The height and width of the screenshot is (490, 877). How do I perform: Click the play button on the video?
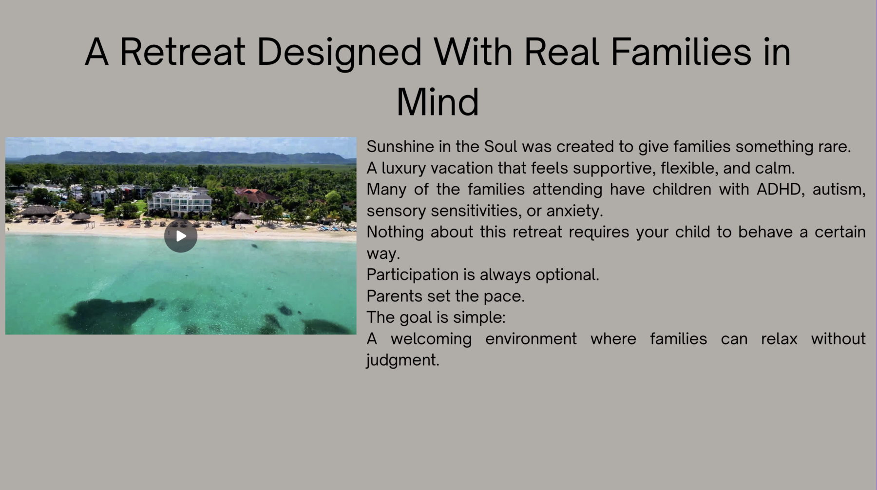coord(180,236)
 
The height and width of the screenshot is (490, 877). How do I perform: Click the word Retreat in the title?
coord(182,52)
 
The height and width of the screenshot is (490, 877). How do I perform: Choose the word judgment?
coord(403,361)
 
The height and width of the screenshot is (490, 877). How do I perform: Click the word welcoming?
coord(431,339)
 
